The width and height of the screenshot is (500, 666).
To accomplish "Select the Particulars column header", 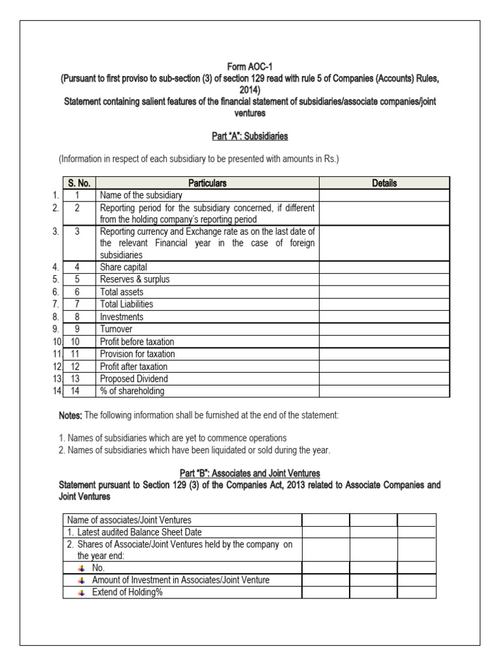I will tap(208, 183).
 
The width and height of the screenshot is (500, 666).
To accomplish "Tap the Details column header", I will tap(384, 183).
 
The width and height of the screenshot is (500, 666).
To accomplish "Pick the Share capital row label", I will tap(123, 267).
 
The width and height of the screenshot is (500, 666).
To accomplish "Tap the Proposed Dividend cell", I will tap(133, 379).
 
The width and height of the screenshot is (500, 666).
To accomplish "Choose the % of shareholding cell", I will tap(132, 391).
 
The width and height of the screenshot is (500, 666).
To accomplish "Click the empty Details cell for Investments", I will tap(384, 317).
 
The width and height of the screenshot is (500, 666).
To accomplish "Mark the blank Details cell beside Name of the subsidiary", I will tap(384, 195).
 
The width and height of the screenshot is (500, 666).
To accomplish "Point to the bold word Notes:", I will tap(71, 415).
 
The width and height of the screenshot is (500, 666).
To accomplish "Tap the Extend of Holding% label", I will tap(127, 592).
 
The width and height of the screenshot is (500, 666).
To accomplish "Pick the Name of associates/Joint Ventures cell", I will tap(130, 519).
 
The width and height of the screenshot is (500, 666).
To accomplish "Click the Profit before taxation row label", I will tap(137, 341).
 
